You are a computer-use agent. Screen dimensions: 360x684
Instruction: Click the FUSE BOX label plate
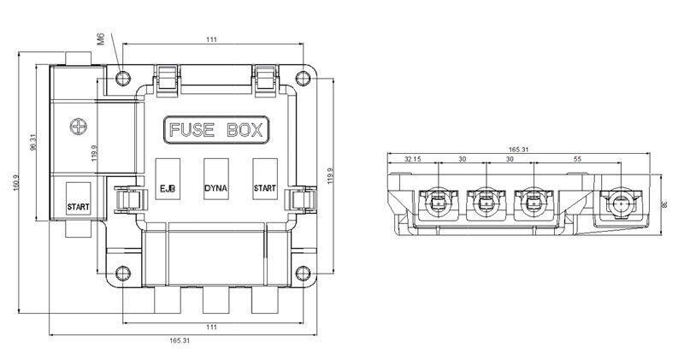[x=215, y=132]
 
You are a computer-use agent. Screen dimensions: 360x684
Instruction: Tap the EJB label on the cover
[x=168, y=188]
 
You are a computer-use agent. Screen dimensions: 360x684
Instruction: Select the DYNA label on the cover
[x=215, y=188]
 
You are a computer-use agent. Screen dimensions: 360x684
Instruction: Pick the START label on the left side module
[x=79, y=207]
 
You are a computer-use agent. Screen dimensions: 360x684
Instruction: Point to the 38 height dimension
[x=663, y=205]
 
